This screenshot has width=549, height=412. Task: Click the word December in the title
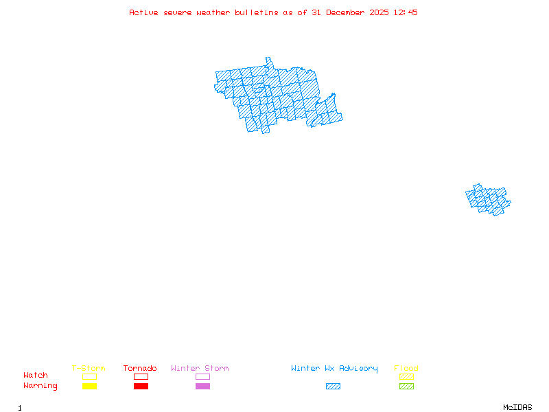pos(348,12)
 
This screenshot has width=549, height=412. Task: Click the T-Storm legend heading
pos(89,369)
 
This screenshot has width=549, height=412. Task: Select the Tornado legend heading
pos(140,369)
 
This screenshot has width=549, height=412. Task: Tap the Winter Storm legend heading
pos(200,369)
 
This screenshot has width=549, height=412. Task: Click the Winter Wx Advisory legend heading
pos(334,369)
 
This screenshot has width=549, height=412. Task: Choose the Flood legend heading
pos(406,369)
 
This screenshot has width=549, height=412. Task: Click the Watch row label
pos(36,376)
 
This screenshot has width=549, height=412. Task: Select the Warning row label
pos(40,386)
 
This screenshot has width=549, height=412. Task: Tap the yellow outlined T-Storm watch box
pos(89,376)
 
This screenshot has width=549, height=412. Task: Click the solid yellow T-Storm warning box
pos(89,387)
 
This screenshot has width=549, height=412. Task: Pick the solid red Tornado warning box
pos(141,387)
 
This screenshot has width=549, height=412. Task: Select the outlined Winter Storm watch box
pos(202,376)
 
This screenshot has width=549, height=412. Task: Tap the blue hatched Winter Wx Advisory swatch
pos(333,387)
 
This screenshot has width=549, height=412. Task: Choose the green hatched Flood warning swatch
pos(406,387)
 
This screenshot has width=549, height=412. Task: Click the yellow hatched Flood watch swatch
pos(406,376)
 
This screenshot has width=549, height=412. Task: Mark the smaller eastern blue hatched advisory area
pos(489,200)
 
